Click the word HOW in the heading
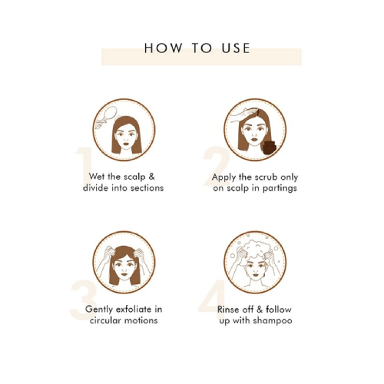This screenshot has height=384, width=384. point(164,48)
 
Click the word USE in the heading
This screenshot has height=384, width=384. point(236,48)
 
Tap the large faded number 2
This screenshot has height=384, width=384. point(217,166)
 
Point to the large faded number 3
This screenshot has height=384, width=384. point(83,300)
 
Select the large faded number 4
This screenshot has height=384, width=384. point(212,297)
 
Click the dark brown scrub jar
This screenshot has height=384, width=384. point(270,147)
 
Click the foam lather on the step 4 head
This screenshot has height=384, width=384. point(256,248)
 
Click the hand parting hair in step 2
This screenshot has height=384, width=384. point(243,114)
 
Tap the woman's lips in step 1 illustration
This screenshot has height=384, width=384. point(126,144)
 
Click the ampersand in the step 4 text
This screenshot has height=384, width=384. point(260,310)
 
